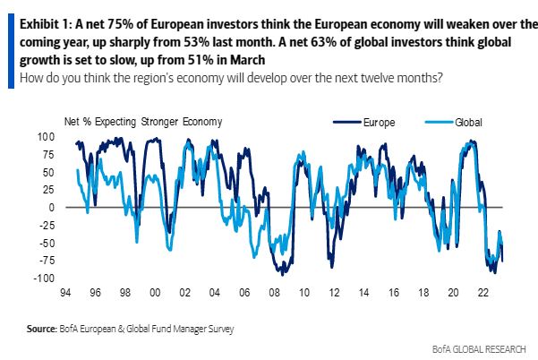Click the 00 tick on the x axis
point(156,292)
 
